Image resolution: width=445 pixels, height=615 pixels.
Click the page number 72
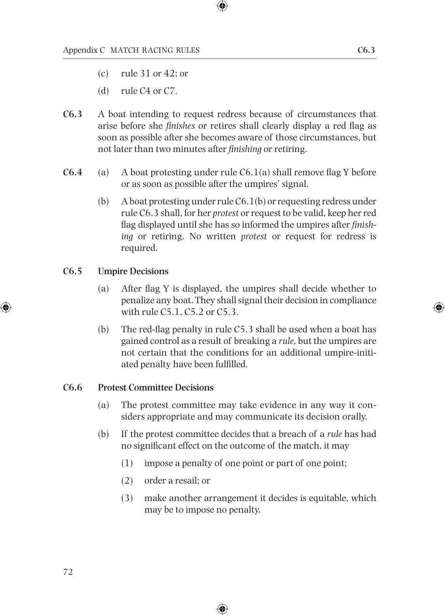point(68,572)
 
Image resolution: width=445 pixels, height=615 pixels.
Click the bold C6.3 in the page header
point(366,50)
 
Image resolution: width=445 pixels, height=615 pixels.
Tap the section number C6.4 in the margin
point(73,172)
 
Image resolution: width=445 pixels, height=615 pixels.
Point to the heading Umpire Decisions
point(133,271)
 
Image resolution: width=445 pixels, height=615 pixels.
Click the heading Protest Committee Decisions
point(156,387)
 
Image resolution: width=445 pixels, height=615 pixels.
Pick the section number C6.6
point(73,387)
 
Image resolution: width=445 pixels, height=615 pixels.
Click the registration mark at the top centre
point(222,6)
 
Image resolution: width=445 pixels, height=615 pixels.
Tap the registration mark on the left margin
point(6,307)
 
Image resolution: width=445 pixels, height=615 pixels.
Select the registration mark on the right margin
point(439,307)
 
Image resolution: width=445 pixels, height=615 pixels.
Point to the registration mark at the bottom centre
point(222,609)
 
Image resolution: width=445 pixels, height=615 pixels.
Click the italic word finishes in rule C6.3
point(180,126)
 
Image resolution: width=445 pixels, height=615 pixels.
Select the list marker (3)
point(127,498)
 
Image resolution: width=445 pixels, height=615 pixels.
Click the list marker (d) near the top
point(103,91)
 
